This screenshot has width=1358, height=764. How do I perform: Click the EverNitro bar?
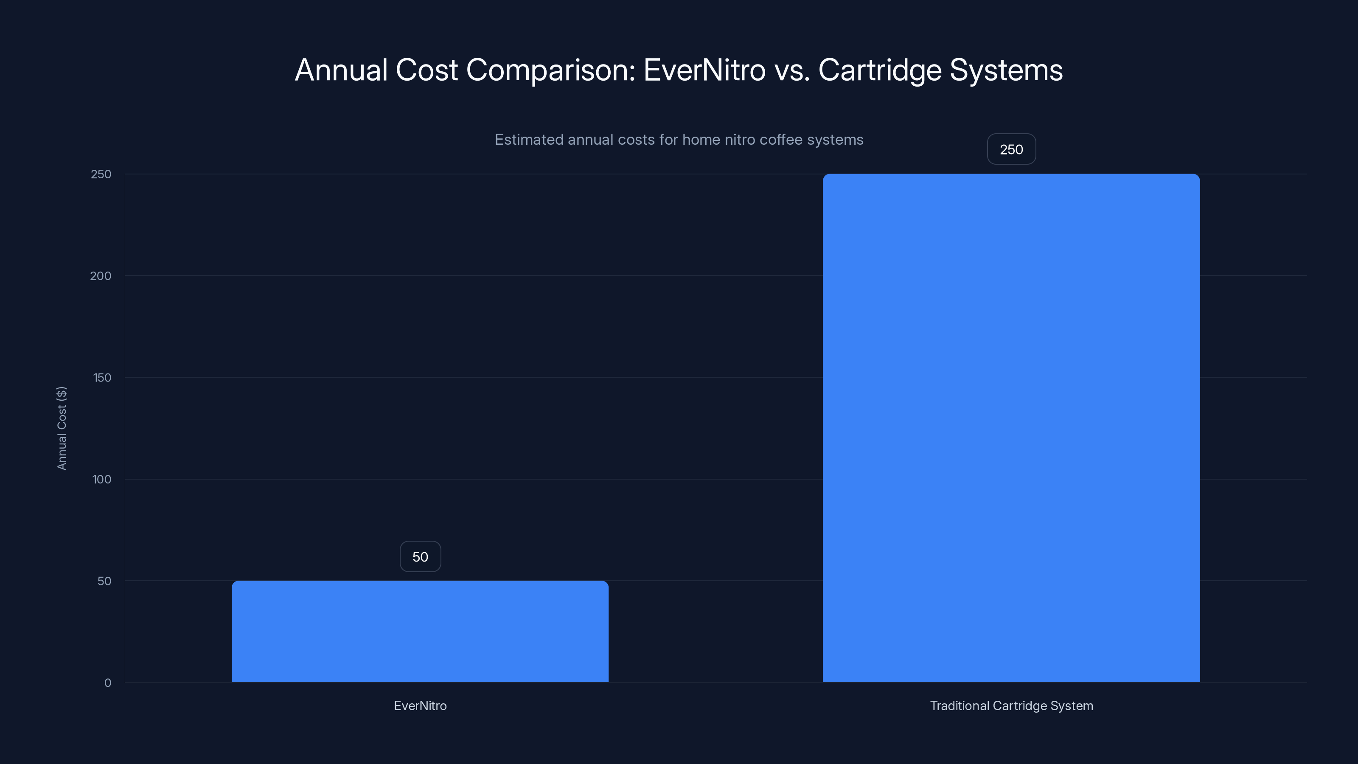pos(420,631)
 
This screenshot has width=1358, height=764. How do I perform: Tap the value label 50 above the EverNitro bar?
pos(420,557)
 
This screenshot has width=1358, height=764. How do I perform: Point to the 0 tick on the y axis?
pos(107,683)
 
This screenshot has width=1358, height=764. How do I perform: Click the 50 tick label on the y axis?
pos(104,581)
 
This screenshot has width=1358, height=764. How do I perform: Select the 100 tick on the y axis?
pos(102,479)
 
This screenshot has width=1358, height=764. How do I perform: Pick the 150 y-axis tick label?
pos(102,377)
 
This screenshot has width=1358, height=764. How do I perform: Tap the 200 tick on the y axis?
pos(101,276)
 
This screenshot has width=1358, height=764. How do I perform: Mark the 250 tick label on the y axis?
pos(101,174)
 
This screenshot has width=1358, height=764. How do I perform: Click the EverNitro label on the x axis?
pos(420,705)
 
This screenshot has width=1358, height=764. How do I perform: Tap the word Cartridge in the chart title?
pos(879,70)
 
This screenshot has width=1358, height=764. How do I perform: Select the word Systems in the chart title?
pos(1006,70)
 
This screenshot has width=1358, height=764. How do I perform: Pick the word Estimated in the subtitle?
pos(529,140)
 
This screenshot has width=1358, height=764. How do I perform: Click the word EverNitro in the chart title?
pos(704,70)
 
